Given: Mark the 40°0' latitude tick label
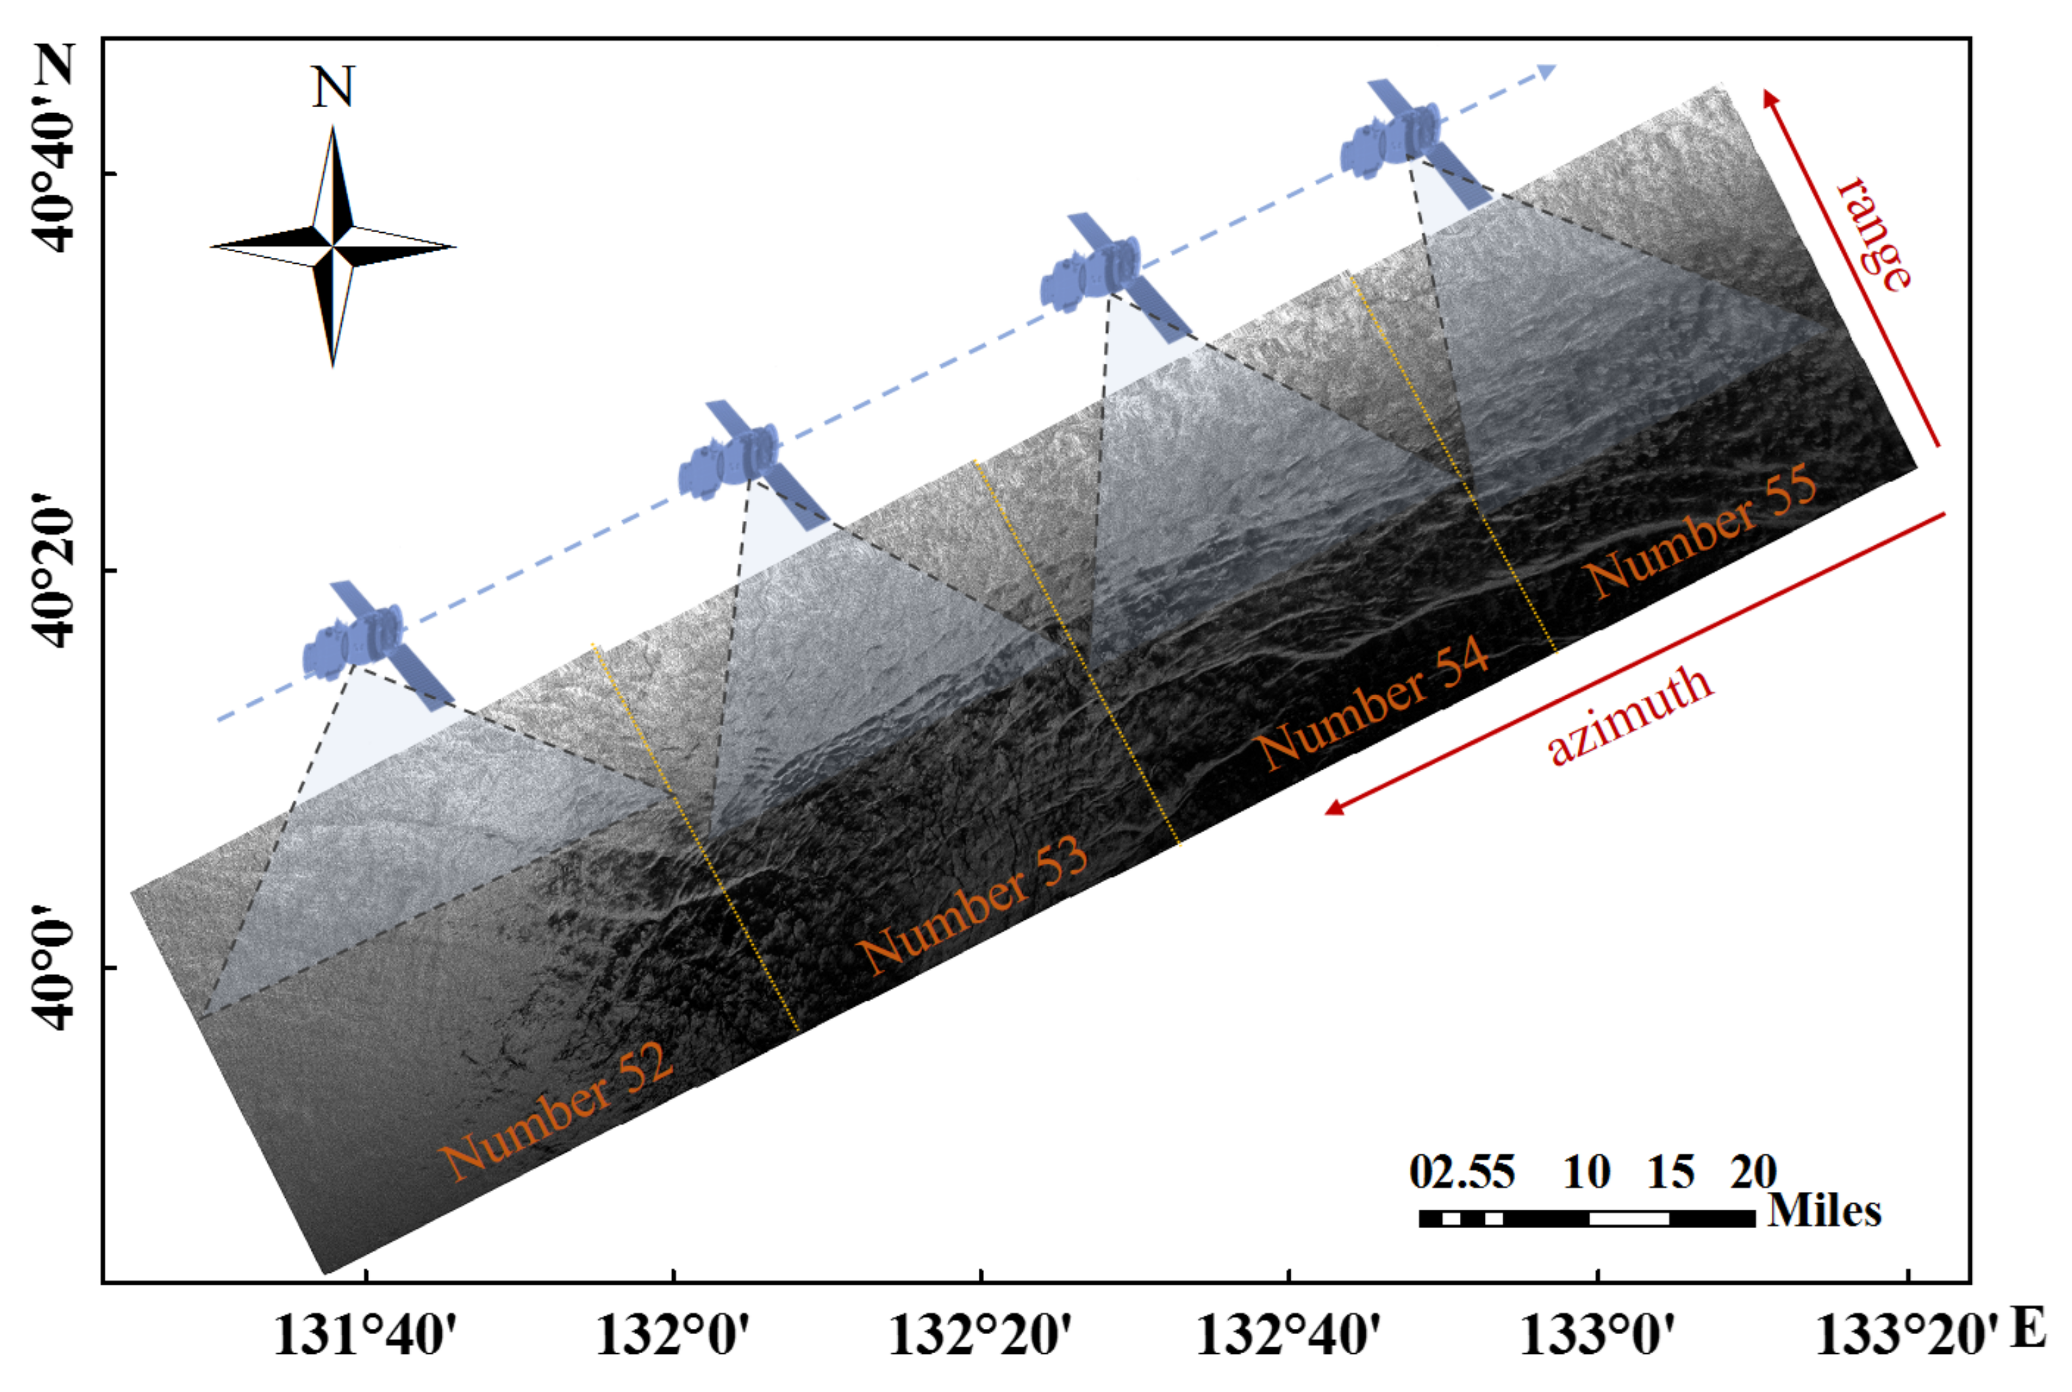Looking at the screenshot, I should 55,968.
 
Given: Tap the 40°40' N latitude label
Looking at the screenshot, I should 55,151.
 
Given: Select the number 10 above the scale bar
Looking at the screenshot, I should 1586,1173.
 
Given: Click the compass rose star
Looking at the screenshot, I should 333,246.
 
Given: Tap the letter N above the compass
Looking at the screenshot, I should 333,87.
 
